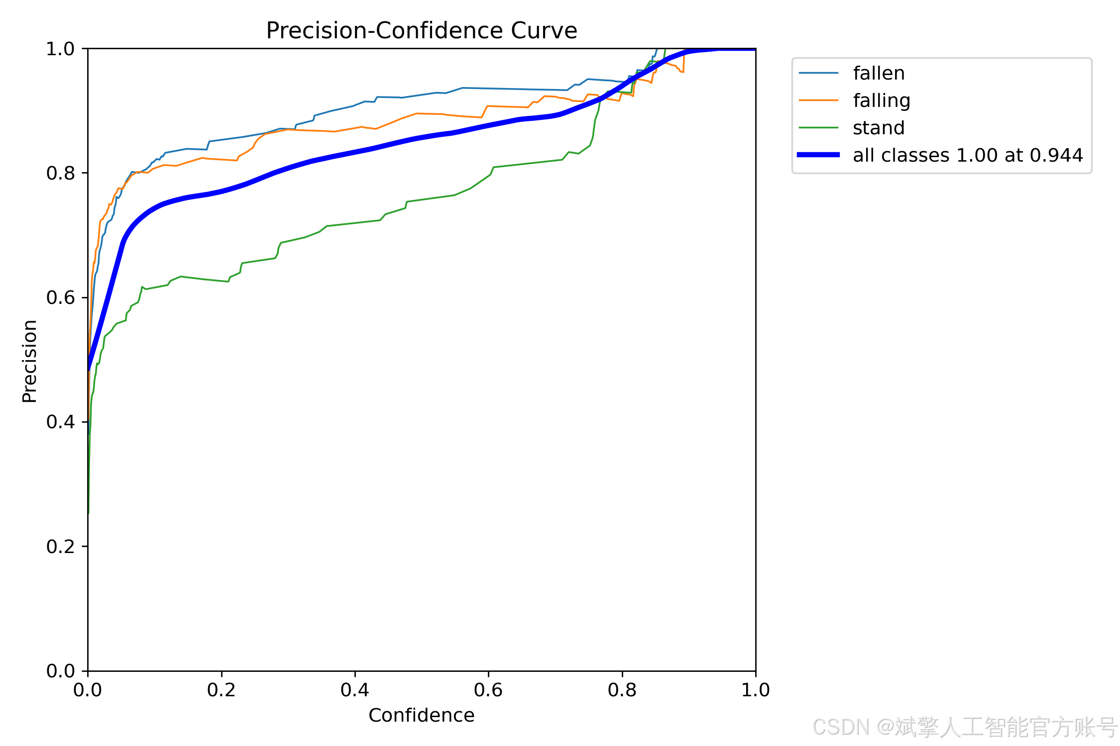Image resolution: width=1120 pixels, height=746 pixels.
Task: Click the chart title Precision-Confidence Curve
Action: point(422,31)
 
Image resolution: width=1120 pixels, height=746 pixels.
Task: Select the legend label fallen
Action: point(879,73)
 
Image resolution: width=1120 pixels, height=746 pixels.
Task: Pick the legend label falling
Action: point(882,101)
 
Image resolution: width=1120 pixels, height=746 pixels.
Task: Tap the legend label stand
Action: point(879,128)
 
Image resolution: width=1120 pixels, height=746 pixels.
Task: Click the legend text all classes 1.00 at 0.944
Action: point(968,155)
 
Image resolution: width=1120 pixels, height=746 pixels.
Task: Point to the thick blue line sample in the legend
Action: point(818,155)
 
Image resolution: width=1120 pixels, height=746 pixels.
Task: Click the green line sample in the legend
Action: point(818,128)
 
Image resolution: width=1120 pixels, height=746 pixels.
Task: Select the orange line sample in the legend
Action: point(818,100)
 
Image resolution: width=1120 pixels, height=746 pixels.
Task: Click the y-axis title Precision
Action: point(30,361)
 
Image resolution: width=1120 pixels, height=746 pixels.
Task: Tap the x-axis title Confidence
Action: point(422,715)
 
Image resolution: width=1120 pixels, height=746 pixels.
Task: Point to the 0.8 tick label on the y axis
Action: point(60,173)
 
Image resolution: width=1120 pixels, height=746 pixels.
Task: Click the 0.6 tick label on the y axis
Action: point(60,297)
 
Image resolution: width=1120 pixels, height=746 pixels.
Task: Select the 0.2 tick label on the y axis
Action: point(60,547)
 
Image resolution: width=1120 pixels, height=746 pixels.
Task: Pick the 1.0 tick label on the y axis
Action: point(60,49)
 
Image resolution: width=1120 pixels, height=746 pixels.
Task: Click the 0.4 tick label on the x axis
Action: point(355,690)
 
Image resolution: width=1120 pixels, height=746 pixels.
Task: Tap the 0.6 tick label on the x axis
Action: point(488,690)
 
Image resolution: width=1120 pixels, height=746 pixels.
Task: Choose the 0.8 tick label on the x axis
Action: point(622,690)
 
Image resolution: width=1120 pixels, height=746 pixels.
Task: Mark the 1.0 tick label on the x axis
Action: point(756,690)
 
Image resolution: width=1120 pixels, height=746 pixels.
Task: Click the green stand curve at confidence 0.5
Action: point(422,200)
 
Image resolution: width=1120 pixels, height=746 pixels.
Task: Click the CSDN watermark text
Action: point(965,727)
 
